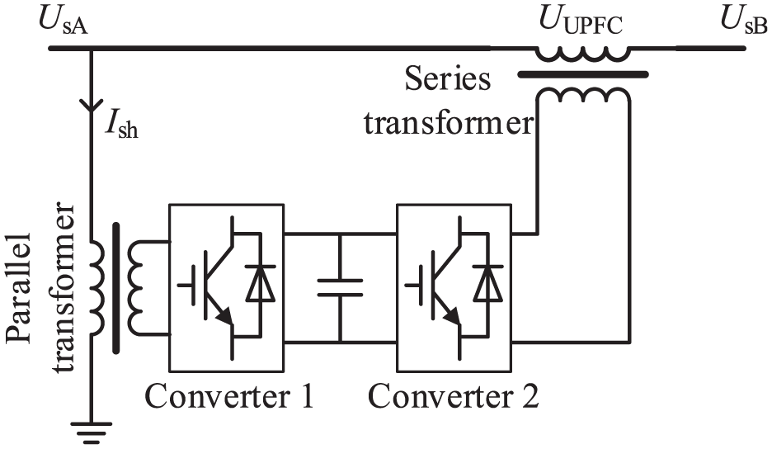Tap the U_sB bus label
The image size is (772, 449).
pos(744,21)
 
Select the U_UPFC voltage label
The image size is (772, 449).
pos(581,21)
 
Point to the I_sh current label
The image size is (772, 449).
pos(121,125)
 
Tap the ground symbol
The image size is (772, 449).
pos(91,432)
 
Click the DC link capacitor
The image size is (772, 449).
pos(340,288)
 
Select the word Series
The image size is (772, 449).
pos(448,79)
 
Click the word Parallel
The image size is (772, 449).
pos(20,288)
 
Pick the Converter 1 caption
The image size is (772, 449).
pos(229,395)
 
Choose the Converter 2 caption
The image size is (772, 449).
pos(454,395)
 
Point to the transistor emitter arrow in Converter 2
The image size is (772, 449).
pos(453,316)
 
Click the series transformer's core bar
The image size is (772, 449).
pos(583,75)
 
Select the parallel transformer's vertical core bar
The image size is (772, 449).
pos(116,288)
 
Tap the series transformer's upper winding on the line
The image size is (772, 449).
pos(582,54)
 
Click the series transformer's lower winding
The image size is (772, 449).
pos(583,95)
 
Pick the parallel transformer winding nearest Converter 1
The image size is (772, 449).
pos(135,288)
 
